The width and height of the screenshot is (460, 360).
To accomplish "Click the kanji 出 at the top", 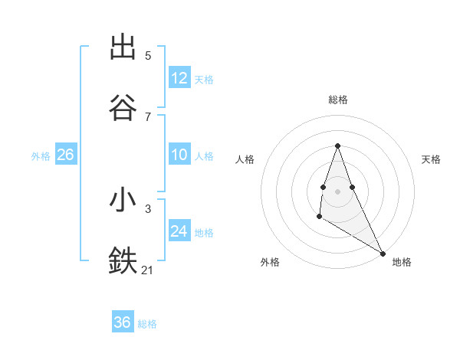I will pos(123,47).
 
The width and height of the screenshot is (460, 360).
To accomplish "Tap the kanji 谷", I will pos(123,107).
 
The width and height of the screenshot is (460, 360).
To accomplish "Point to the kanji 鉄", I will pos(123,260).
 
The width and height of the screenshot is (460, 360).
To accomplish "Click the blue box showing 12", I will pos(179,78).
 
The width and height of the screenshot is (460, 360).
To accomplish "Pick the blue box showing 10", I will pos(179,155).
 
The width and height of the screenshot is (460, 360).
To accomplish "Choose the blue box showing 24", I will pos(179,232).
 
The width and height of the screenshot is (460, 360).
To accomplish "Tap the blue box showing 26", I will pos(65,155).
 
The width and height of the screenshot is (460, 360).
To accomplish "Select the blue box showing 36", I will pos(122,322).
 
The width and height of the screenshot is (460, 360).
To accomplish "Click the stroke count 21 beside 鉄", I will pos(148,270).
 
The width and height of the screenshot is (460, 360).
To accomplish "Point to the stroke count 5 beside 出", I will pos(148,56).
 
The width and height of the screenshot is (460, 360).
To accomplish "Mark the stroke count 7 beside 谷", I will pos(148,116).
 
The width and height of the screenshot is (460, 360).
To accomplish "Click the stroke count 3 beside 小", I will pos(148,208).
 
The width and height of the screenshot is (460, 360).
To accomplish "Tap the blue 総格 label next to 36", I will pos(147,324).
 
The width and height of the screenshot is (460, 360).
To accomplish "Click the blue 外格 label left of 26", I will pos(41,156).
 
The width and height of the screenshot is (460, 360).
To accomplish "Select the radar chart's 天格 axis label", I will pos(431,159).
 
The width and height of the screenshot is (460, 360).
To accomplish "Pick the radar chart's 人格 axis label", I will pos(245,159).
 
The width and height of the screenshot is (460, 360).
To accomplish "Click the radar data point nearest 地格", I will pos(383,253).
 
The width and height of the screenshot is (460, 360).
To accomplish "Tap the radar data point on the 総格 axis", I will pos(338,146).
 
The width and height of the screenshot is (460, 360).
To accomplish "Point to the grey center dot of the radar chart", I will pos(338,191).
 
